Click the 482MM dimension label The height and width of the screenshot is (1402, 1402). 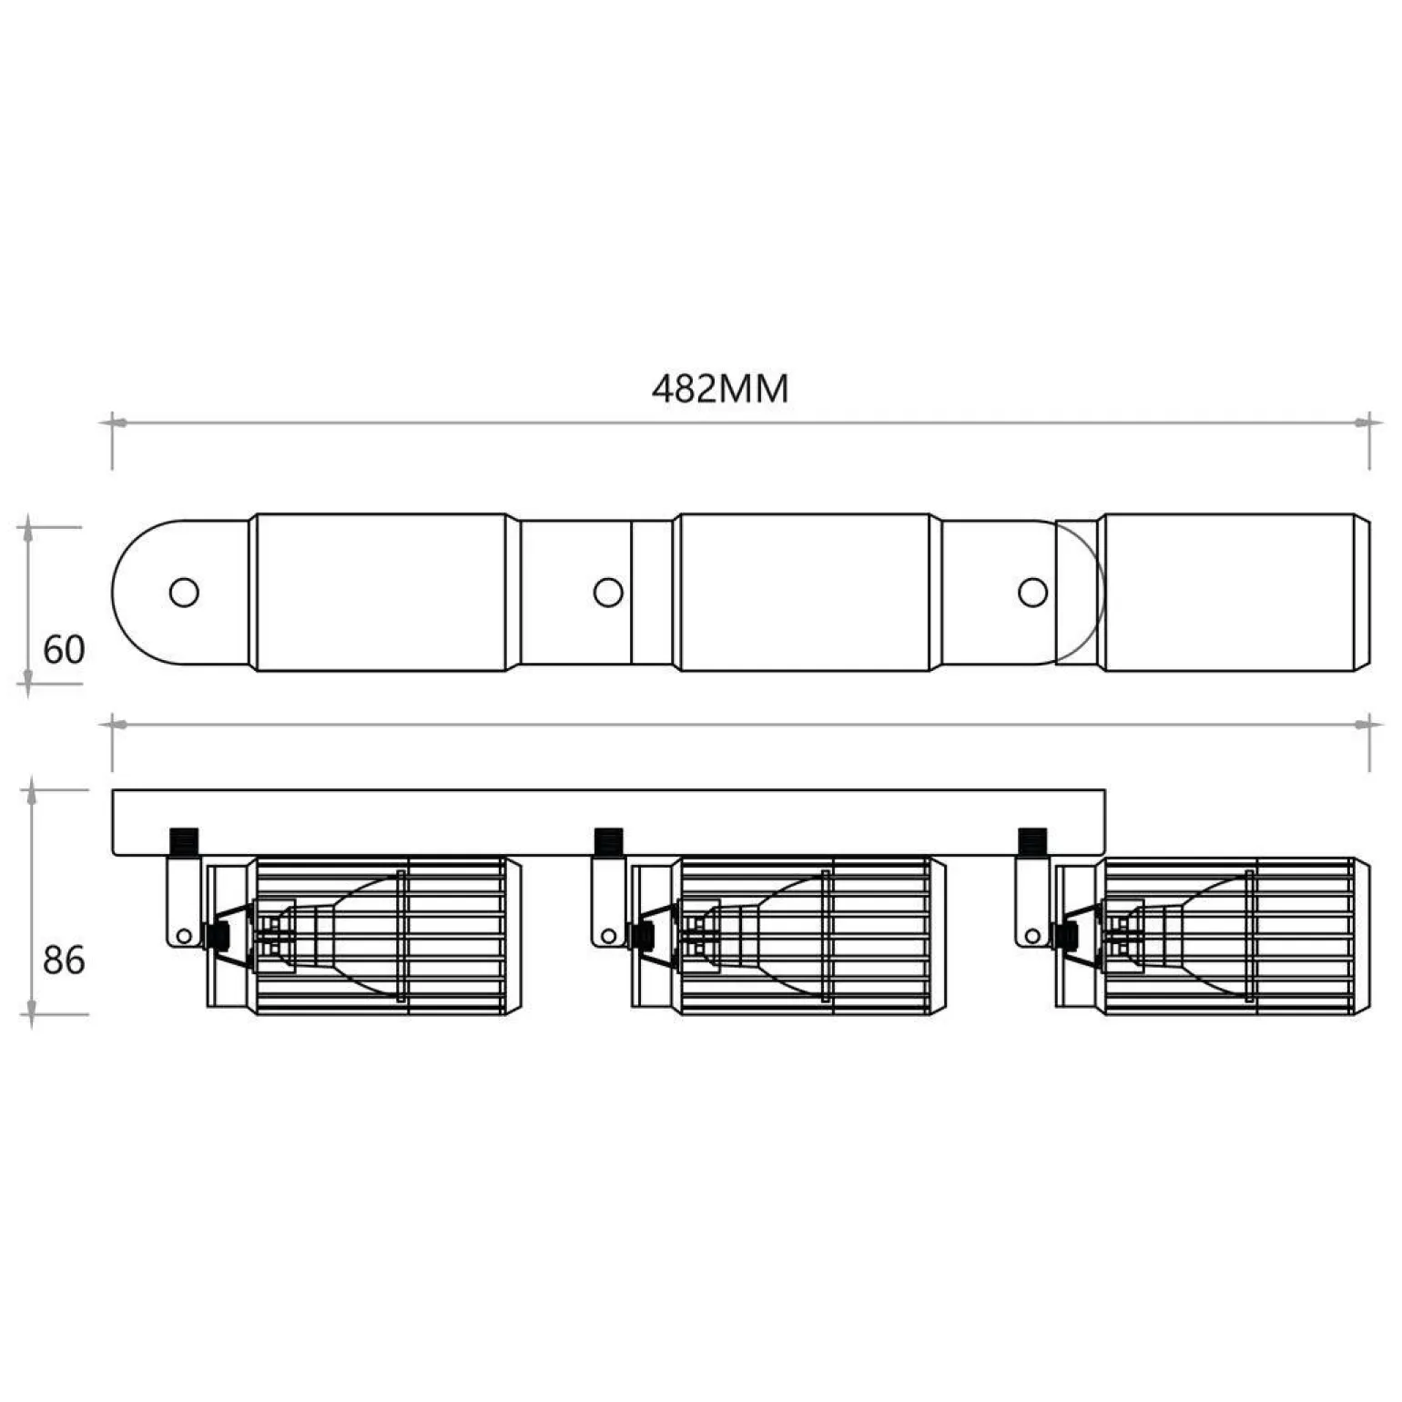(720, 389)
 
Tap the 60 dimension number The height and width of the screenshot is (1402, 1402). (64, 650)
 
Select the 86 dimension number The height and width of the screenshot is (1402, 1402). (64, 960)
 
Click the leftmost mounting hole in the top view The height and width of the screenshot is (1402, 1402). (184, 593)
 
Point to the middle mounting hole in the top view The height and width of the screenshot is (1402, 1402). (608, 593)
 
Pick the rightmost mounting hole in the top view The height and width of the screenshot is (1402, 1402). (1032, 593)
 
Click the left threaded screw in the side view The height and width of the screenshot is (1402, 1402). (184, 842)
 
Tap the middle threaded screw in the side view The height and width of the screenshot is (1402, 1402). (607, 842)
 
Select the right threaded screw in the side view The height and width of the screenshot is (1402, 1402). (1032, 842)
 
